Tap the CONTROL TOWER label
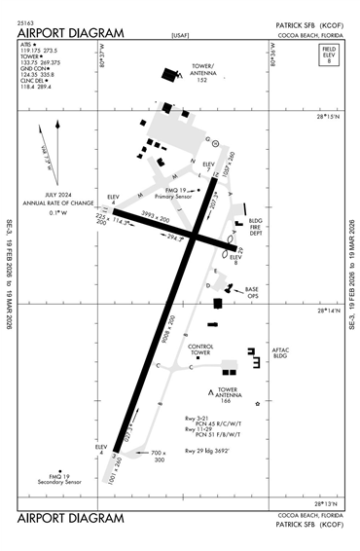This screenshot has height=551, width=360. (x=200, y=349)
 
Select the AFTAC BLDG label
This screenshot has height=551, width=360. (x=282, y=352)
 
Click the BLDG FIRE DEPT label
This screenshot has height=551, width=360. (x=257, y=227)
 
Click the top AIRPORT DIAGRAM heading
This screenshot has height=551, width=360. (x=70, y=32)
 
